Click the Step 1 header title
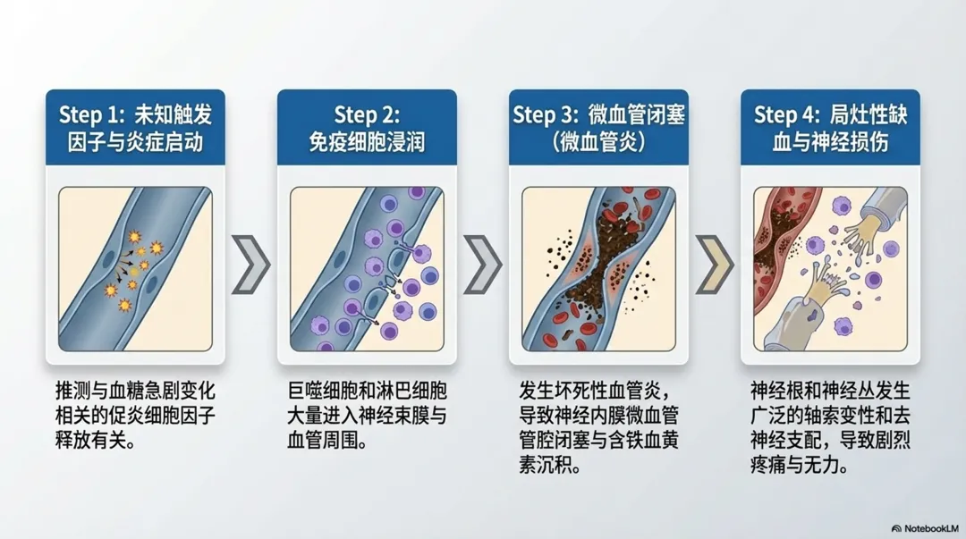tap(135, 127)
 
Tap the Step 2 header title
tap(367, 127)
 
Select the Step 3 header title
tap(598, 127)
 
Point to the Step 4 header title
tap(830, 127)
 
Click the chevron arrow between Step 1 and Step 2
tap(250, 265)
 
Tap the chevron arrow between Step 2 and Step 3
tap(483, 265)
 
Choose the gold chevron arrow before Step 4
tap(715, 265)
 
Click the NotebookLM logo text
tap(928, 527)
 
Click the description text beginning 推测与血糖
tap(135, 416)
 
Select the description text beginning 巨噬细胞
tap(367, 416)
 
